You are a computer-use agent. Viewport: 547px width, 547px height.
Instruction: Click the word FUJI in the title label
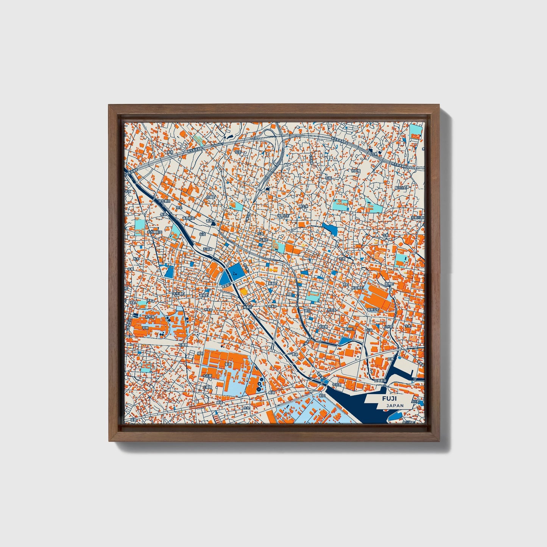pyautogui.click(x=390, y=399)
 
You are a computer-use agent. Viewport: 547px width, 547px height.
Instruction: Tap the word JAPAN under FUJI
pyautogui.click(x=395, y=405)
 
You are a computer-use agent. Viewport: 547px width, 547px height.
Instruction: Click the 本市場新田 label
pyautogui.click(x=154, y=232)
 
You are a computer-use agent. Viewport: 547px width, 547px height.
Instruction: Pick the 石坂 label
pyautogui.click(x=329, y=178)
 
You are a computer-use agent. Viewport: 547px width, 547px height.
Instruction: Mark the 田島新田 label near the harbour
pyautogui.click(x=380, y=380)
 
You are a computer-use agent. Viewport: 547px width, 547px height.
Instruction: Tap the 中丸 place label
pyautogui.click(x=246, y=408)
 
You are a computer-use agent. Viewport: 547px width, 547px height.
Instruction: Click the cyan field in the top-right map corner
pyautogui.click(x=416, y=131)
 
